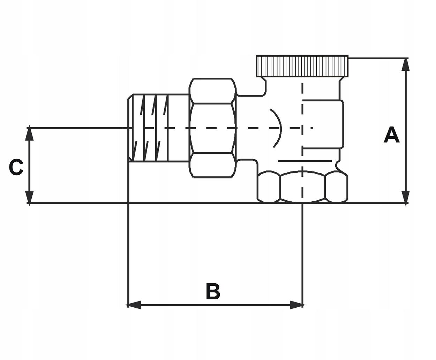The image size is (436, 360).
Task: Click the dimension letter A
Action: pos(391,135)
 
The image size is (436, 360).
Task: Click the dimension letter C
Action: pos(16,168)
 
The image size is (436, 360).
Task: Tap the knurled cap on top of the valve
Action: pos(302,66)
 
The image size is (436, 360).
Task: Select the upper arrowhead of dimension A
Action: pos(405,64)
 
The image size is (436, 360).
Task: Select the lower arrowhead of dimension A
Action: pos(405,197)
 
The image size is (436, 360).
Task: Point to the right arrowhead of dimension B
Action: pos(296,305)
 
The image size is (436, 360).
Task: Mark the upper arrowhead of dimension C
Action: pos(30,135)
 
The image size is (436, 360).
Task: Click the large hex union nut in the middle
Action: pos(212,128)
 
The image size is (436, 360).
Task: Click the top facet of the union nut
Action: pos(212,91)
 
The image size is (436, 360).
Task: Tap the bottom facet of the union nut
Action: pos(212,165)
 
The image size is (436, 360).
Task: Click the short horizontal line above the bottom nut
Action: pos(305,161)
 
